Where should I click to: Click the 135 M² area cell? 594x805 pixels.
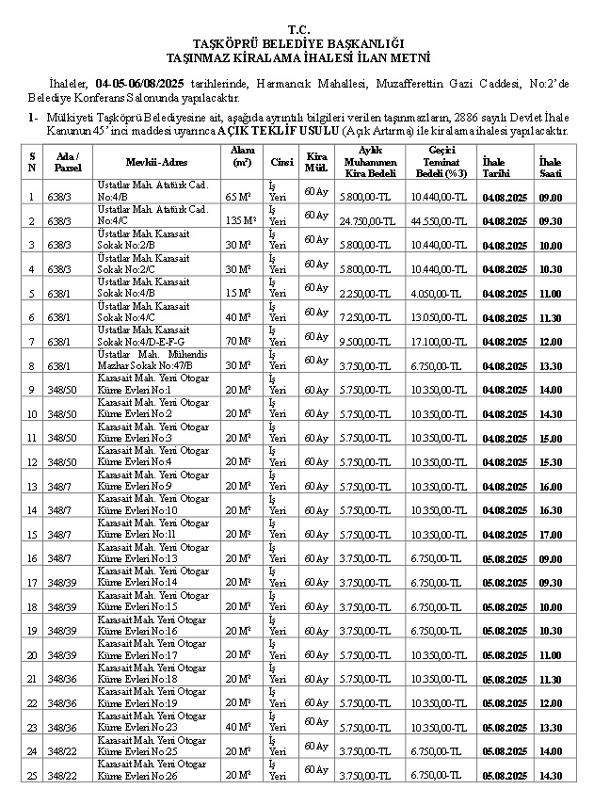(x=241, y=221)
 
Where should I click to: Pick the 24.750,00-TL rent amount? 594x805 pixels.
(x=367, y=221)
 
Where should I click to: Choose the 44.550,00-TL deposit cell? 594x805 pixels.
(x=439, y=221)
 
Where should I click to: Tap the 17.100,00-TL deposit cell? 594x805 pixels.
(x=439, y=343)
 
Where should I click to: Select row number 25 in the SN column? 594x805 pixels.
(x=31, y=776)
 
